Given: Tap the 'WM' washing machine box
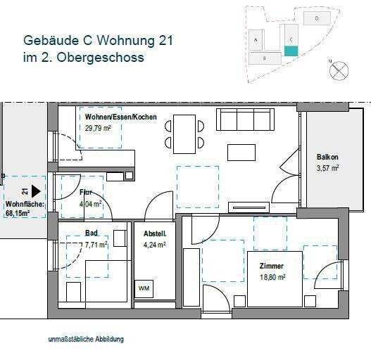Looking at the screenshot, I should click(x=144, y=288).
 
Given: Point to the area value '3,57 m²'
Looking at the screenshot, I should click(x=327, y=167).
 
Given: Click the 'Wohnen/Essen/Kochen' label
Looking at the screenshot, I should click(x=121, y=117).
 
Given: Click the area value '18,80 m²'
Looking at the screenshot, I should click(x=271, y=277).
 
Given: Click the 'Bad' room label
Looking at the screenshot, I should click(x=92, y=234).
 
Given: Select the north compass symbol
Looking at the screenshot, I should click(x=339, y=69).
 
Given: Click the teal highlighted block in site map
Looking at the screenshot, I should click(x=291, y=51).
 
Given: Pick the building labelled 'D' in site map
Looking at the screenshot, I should click(x=317, y=17).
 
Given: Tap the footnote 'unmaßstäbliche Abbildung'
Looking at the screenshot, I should click(x=86, y=339).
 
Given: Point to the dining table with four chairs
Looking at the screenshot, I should click(x=184, y=134).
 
